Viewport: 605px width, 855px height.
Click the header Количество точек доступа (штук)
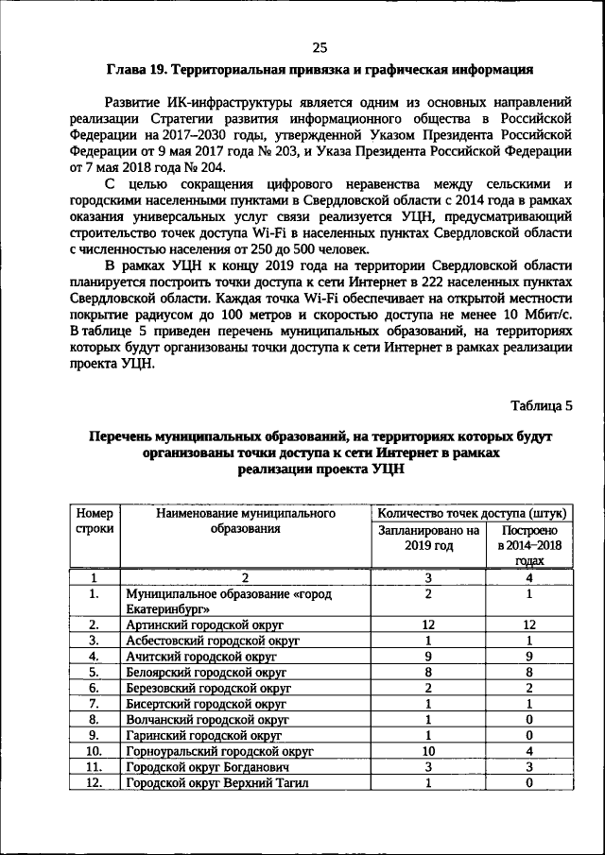[472, 513]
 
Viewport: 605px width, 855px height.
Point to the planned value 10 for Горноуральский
[427, 751]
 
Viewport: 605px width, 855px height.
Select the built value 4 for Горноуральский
[528, 751]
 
